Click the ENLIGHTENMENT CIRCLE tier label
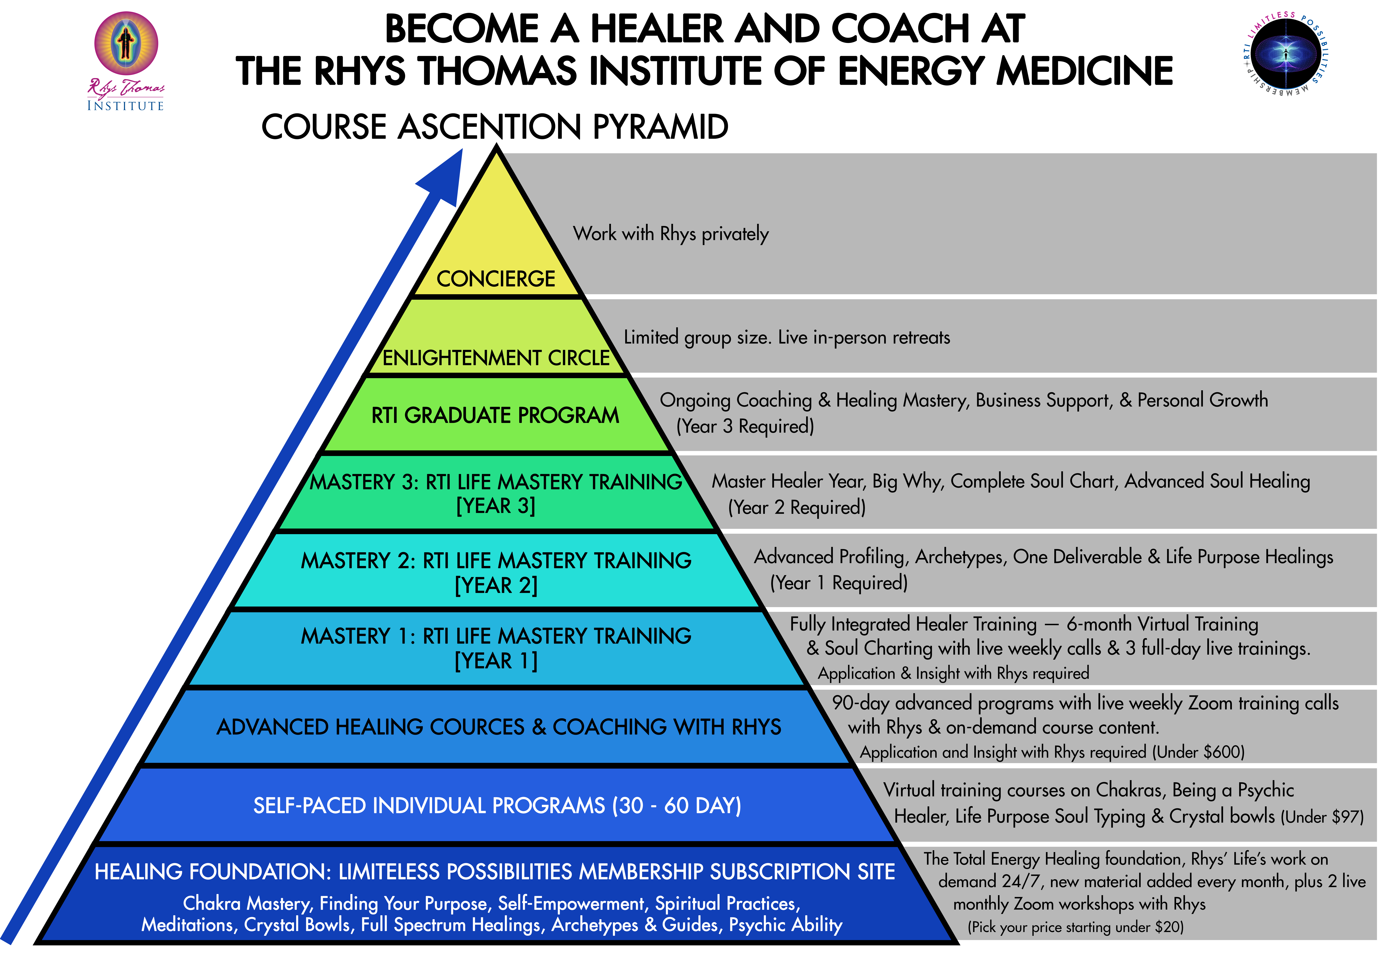496,358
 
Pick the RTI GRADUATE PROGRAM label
495,415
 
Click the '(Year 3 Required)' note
745,427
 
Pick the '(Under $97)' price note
1321,817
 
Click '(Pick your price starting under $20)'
1075,927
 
